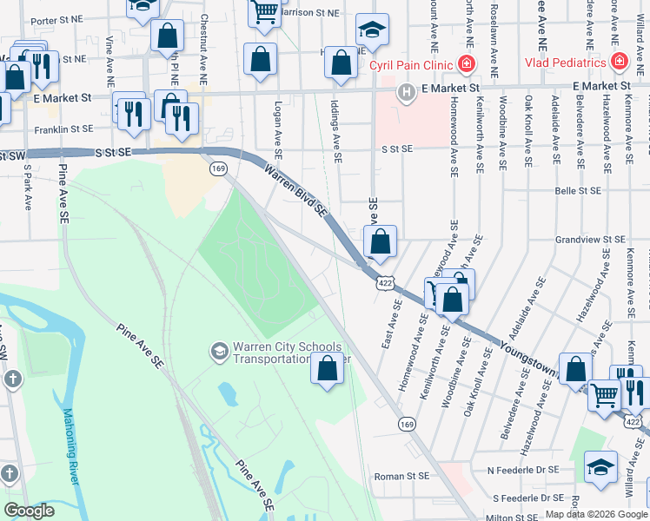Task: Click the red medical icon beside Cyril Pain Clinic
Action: click(467, 63)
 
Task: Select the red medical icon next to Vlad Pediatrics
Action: click(619, 62)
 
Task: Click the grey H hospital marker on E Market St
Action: click(405, 92)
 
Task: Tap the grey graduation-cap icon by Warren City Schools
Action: click(219, 351)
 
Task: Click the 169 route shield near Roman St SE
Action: click(408, 424)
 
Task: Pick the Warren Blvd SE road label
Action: click(295, 191)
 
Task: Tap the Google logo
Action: click(30, 510)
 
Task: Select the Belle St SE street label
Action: click(578, 190)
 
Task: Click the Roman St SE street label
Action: click(401, 477)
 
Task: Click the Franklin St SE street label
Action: click(63, 129)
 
